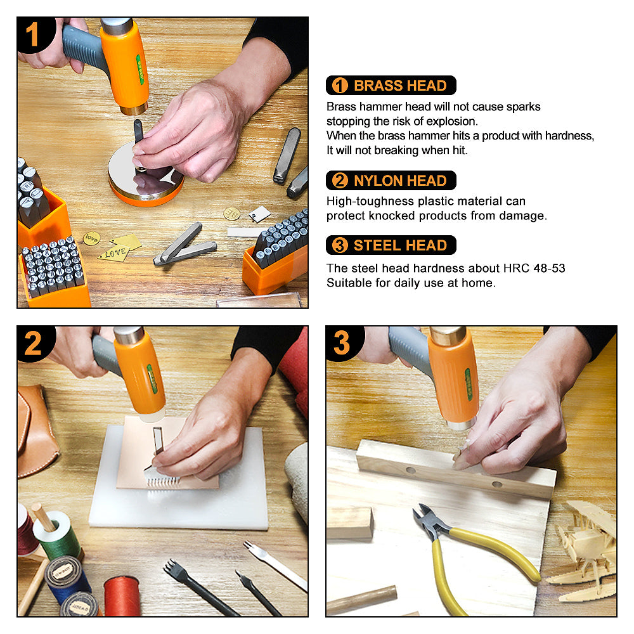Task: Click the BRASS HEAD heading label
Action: pyautogui.click(x=391, y=86)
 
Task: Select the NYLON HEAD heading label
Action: pyautogui.click(x=391, y=180)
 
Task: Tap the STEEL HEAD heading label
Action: pyautogui.click(x=391, y=245)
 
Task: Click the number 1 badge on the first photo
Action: pyautogui.click(x=33, y=34)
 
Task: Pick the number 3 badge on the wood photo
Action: pyautogui.click(x=343, y=343)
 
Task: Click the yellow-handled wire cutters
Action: pyautogui.click(x=469, y=554)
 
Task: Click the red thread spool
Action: pyautogui.click(x=121, y=597)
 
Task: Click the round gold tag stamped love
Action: pyautogui.click(x=92, y=238)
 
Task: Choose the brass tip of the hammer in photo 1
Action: pyautogui.click(x=134, y=109)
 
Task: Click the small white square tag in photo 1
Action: pyautogui.click(x=259, y=214)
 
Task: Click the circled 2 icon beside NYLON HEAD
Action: pyautogui.click(x=340, y=180)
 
